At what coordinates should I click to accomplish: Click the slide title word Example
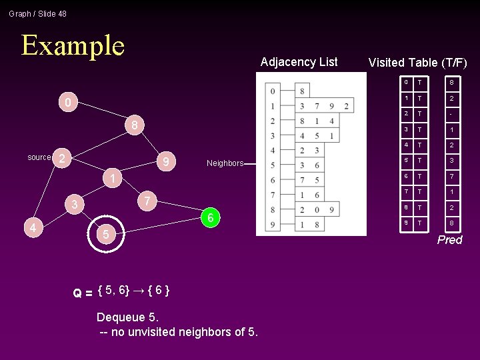point(73,45)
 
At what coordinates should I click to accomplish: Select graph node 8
point(134,125)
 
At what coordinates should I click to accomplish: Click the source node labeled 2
point(61,158)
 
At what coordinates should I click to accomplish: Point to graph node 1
point(113,179)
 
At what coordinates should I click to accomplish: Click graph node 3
point(75,204)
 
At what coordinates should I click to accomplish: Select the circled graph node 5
point(103,234)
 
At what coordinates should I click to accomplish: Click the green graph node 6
point(210,218)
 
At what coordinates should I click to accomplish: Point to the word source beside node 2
point(39,157)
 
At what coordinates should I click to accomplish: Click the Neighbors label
point(225,163)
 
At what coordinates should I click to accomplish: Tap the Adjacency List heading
point(299,62)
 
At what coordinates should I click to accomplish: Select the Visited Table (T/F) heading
point(417,63)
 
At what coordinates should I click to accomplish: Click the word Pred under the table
point(449,240)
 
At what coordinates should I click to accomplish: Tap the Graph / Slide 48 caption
point(37,13)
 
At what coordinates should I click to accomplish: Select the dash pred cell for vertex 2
point(451,114)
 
